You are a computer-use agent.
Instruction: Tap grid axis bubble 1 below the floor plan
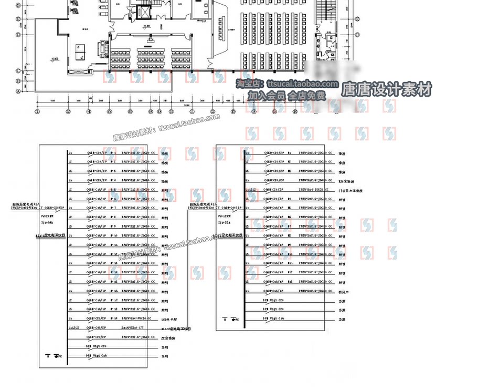37,111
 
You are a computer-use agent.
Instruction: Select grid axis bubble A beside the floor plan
19,91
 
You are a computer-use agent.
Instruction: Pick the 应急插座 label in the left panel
167,338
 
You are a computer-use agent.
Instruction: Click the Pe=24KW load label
46,216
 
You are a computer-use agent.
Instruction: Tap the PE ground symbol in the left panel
56,356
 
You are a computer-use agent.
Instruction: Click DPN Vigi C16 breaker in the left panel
97,356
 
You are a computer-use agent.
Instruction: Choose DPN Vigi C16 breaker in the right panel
274,319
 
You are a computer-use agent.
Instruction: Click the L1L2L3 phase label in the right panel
251,190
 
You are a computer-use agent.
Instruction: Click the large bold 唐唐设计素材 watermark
387,89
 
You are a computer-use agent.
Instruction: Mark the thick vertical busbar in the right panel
244,226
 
